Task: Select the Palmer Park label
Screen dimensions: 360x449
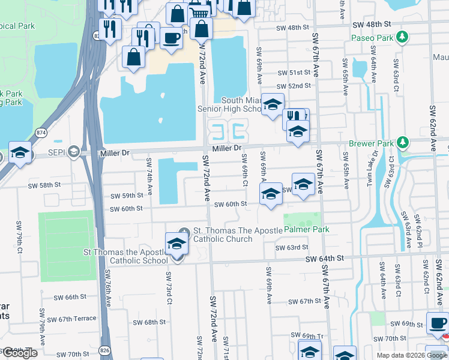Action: [306, 230]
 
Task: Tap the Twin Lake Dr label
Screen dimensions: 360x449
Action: [376, 169]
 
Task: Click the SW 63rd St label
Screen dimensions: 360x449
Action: [292, 247]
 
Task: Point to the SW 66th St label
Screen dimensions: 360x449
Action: [70, 297]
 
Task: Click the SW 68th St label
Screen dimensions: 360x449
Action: [150, 322]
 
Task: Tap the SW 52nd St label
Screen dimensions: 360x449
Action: [295, 86]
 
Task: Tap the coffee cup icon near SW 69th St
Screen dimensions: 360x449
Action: [437, 322]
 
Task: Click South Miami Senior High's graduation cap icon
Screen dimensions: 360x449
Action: [273, 104]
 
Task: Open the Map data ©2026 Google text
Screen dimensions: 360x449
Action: [411, 355]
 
